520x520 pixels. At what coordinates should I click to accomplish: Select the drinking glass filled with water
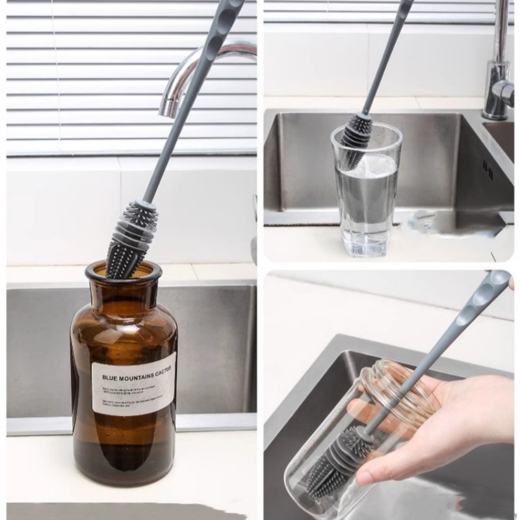[x=367, y=195]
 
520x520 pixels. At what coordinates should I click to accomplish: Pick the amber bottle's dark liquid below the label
[x=123, y=448]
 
